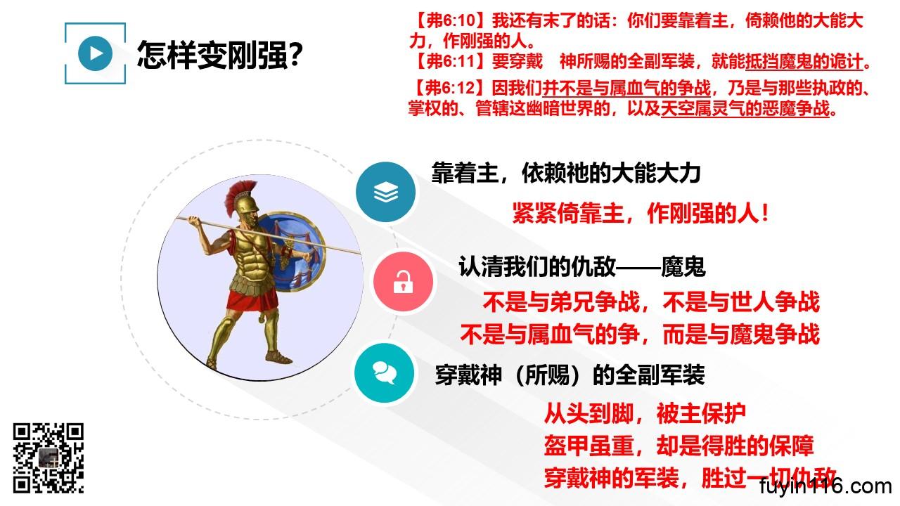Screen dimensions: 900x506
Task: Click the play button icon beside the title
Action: [95, 53]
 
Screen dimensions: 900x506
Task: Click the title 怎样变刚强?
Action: [220, 55]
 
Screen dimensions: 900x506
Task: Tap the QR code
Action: [49, 458]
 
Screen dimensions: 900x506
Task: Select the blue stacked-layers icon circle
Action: [386, 192]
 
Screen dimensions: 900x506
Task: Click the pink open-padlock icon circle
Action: [403, 282]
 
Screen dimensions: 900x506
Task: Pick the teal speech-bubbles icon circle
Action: [385, 373]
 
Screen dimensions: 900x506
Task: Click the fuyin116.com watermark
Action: [825, 487]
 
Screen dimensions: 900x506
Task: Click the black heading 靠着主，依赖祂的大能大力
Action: [566, 174]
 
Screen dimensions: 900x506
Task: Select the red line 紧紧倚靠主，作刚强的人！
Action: [641, 213]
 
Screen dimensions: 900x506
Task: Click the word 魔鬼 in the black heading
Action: [683, 266]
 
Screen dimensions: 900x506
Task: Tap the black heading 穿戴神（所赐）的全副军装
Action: [570, 375]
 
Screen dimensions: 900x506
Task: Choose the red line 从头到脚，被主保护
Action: [645, 414]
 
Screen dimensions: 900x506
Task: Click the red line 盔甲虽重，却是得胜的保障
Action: [679, 446]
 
